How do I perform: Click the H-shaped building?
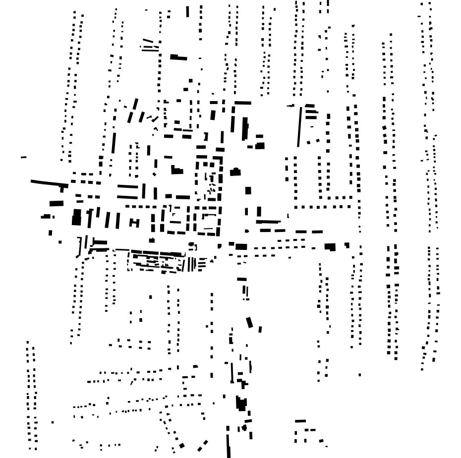click(x=134, y=223)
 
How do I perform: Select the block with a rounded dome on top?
click(x=235, y=172)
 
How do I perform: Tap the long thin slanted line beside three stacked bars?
click(x=299, y=126)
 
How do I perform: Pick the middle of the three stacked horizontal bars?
click(x=311, y=112)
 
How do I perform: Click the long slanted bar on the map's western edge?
click(x=49, y=183)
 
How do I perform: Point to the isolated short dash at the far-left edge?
click(x=23, y=157)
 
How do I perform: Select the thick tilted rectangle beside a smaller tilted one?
click(x=249, y=323)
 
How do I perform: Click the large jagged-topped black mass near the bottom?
click(x=241, y=403)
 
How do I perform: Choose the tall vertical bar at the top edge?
click(x=187, y=11)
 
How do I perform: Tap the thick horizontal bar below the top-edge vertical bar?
click(x=178, y=57)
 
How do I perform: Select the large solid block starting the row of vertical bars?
click(x=76, y=217)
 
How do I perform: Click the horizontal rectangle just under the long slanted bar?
click(x=57, y=203)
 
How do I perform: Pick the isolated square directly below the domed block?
click(x=248, y=190)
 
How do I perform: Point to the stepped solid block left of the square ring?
click(x=176, y=170)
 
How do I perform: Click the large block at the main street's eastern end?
click(x=330, y=246)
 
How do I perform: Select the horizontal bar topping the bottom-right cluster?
click(x=300, y=421)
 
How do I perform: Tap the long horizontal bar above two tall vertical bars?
click(x=242, y=103)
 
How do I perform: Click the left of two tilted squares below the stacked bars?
click(x=309, y=142)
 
